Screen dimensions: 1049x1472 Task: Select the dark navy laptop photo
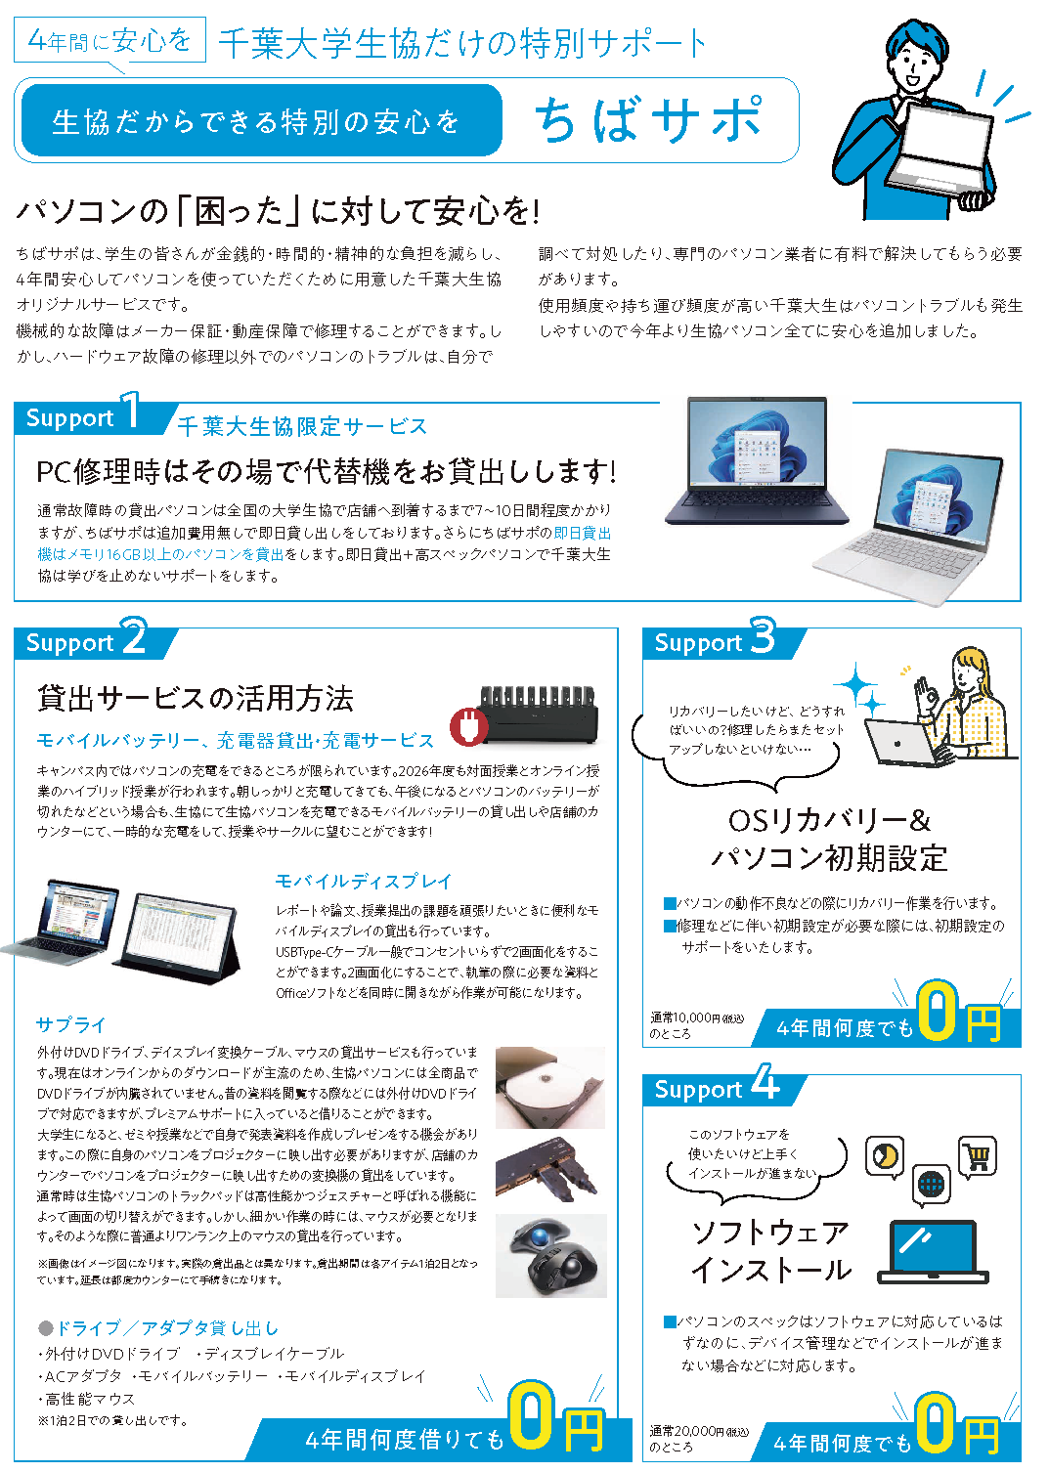point(756,460)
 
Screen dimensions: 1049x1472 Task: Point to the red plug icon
point(468,727)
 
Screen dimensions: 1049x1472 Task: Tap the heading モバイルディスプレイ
point(364,882)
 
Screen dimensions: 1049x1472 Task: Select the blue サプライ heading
point(71,1024)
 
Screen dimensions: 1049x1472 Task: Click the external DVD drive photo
point(550,1088)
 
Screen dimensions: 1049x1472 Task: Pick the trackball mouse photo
point(550,1256)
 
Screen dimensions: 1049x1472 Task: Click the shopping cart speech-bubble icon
point(978,1156)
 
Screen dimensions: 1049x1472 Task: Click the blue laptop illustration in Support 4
point(933,1252)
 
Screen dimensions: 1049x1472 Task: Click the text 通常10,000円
point(685,1017)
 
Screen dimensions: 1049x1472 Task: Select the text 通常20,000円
point(686,1431)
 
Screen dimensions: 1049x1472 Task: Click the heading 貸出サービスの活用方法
point(196,697)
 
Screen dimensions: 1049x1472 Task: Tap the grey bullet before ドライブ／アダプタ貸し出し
point(45,1328)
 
